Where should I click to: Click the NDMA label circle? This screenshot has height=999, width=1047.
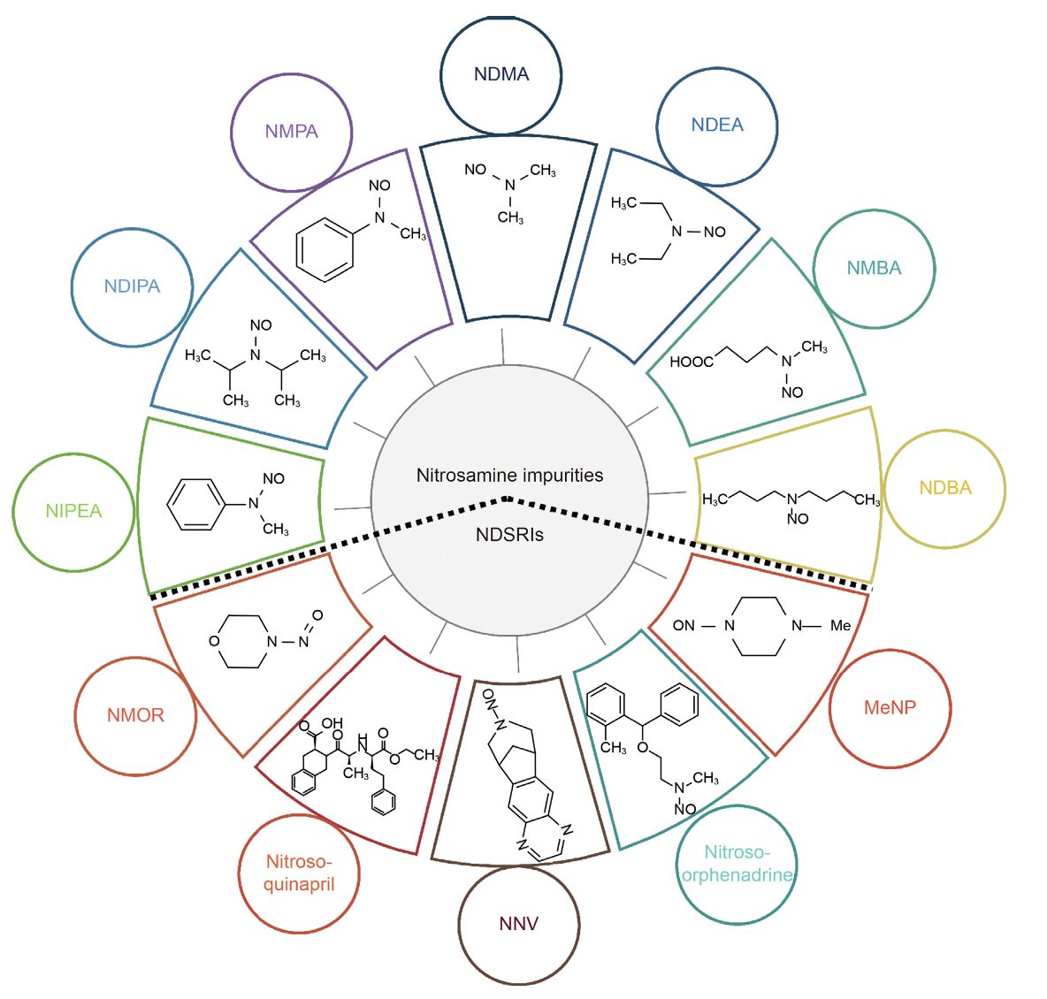click(501, 74)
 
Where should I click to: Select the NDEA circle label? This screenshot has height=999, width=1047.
click(717, 126)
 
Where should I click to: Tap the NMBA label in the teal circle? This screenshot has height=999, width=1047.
click(874, 268)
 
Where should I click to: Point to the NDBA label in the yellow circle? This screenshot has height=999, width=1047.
click(944, 488)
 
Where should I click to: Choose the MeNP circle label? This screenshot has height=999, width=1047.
click(890, 707)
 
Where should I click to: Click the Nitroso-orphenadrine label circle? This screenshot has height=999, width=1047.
click(737, 864)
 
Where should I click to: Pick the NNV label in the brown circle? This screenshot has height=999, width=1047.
click(519, 924)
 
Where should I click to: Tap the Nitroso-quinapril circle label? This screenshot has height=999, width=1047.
click(299, 873)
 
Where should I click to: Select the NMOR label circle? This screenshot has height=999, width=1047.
click(135, 715)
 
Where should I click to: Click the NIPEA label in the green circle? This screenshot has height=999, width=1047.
click(73, 511)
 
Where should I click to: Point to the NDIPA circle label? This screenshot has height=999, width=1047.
click(132, 286)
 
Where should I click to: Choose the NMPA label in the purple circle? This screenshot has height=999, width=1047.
click(292, 132)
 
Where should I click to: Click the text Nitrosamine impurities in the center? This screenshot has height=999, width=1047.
click(509, 476)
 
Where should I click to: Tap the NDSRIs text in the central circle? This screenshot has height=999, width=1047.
click(509, 534)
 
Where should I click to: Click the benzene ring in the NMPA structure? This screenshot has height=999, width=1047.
click(325, 251)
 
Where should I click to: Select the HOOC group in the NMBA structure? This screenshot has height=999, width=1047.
click(691, 362)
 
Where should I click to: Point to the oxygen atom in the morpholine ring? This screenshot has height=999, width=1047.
click(214, 641)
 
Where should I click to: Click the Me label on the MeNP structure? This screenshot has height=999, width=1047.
click(840, 626)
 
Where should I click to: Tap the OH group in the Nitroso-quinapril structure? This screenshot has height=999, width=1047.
click(332, 723)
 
